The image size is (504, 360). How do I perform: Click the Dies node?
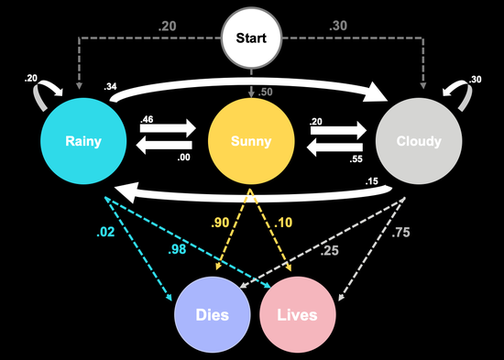(212, 315)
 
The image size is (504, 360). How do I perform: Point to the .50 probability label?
(267, 92)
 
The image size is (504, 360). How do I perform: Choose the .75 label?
(400, 233)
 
